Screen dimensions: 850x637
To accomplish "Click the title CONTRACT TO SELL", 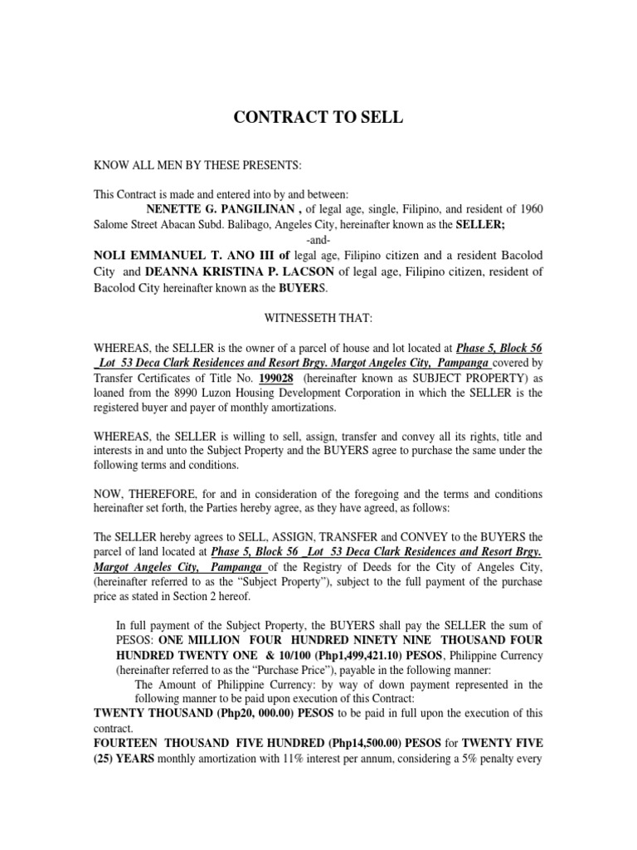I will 318,117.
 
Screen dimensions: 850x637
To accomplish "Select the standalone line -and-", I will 318,240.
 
